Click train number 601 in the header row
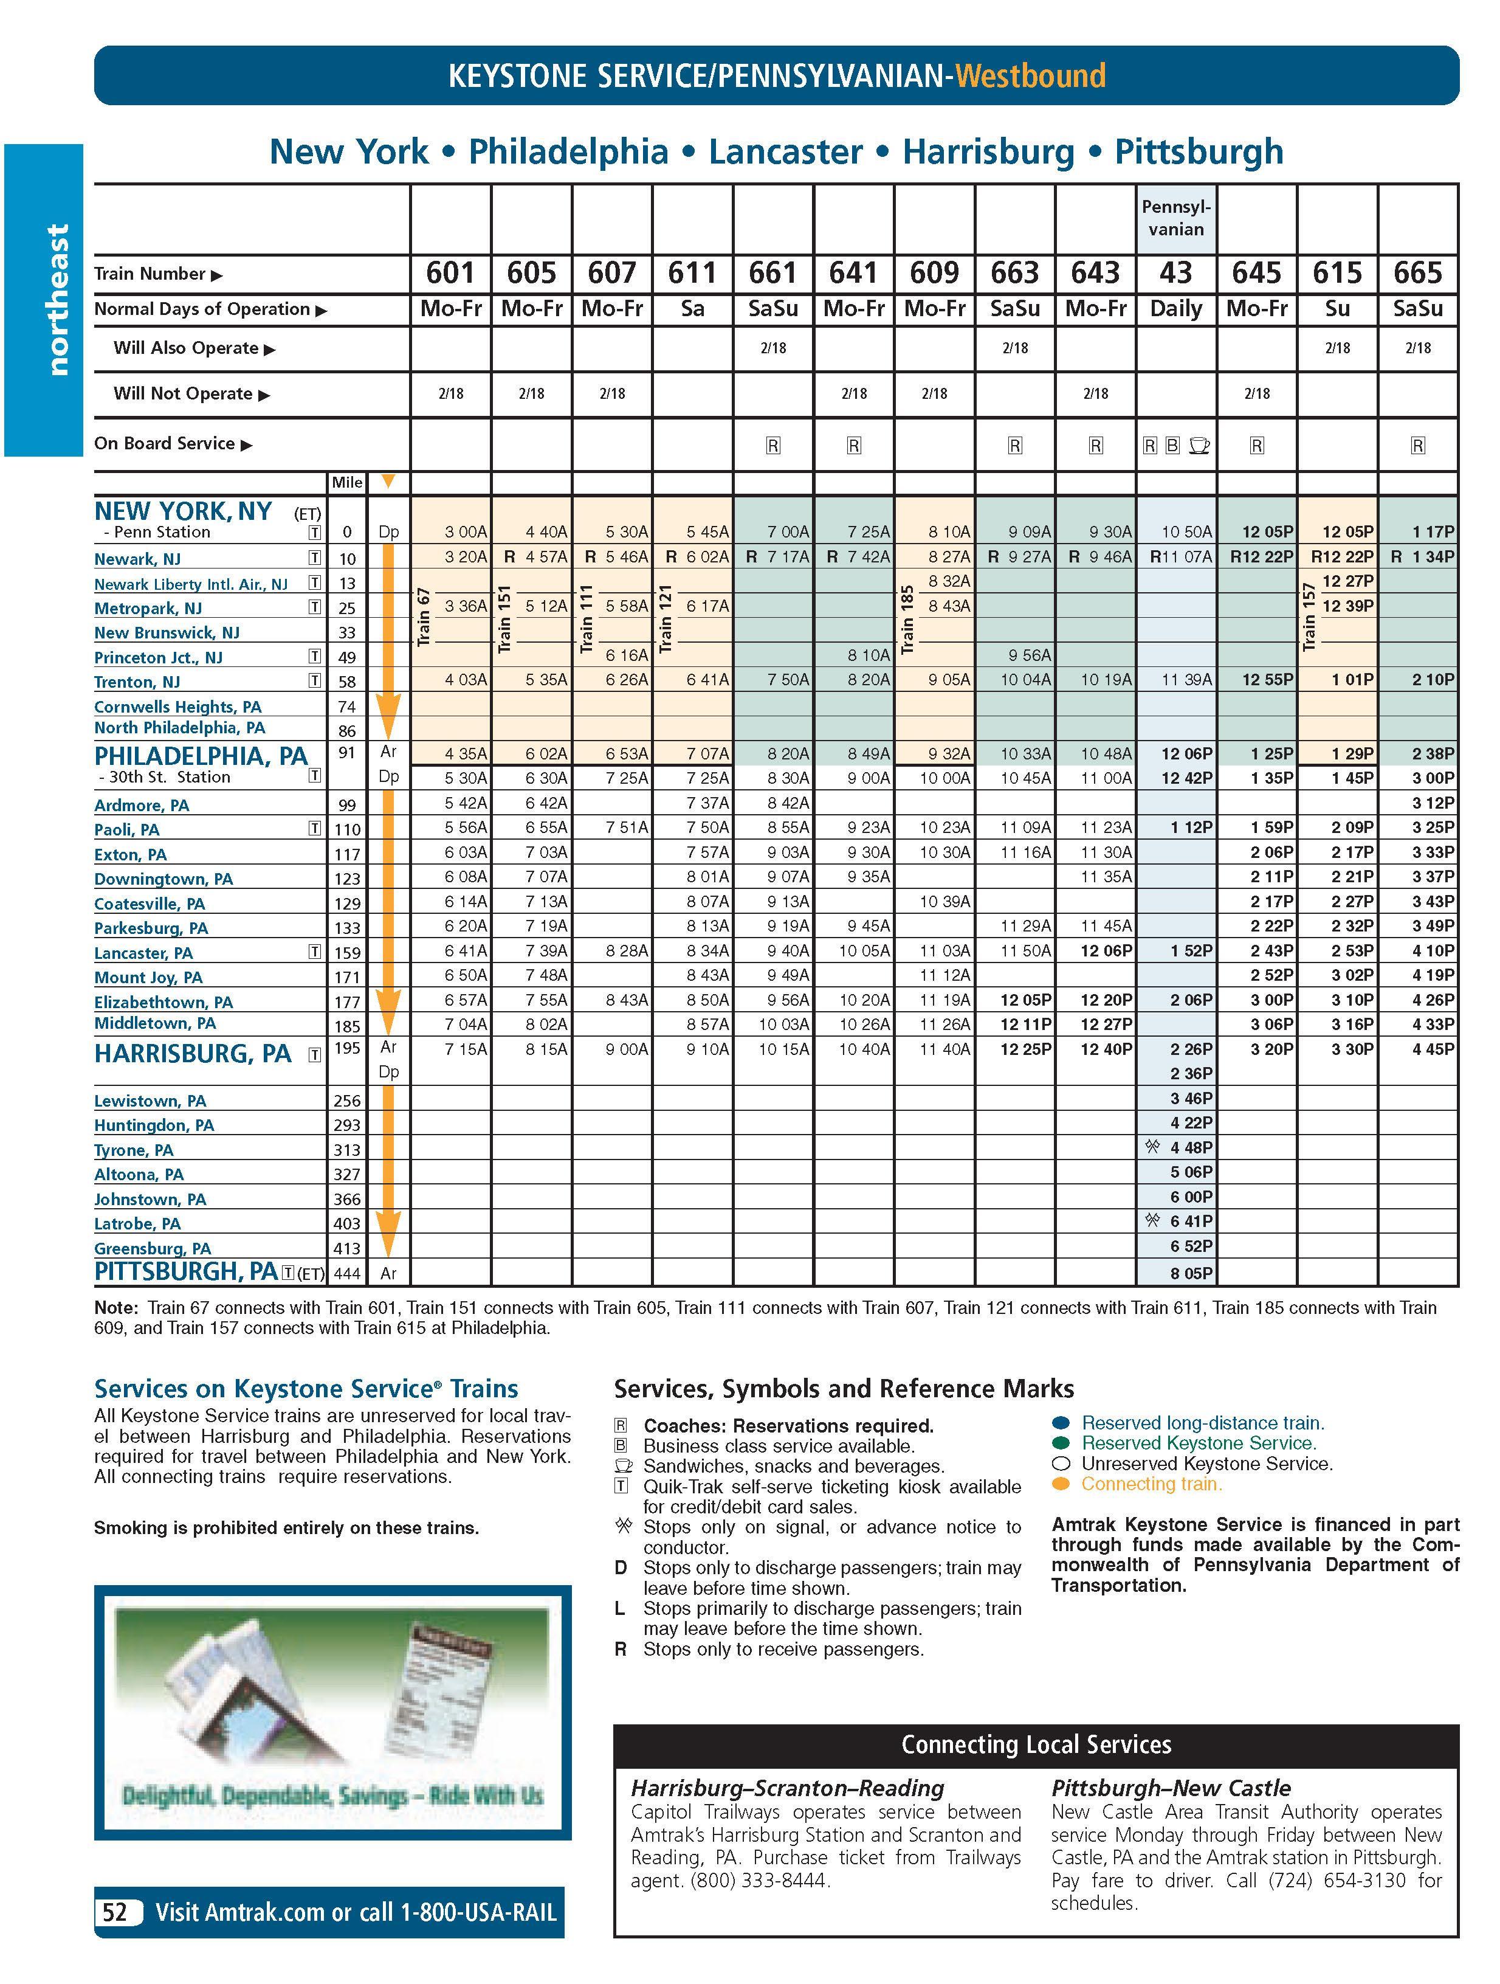[x=450, y=272]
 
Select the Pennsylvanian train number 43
[x=1175, y=272]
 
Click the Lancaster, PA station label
[x=143, y=953]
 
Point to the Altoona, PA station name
[x=139, y=1174]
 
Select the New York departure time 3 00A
[x=466, y=532]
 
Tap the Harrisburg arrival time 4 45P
[x=1433, y=1048]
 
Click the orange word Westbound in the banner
[x=1030, y=76]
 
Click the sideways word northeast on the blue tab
[x=57, y=300]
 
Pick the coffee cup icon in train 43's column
[x=1199, y=445]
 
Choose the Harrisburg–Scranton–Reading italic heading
[x=787, y=1788]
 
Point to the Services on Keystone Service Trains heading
[x=306, y=1389]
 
